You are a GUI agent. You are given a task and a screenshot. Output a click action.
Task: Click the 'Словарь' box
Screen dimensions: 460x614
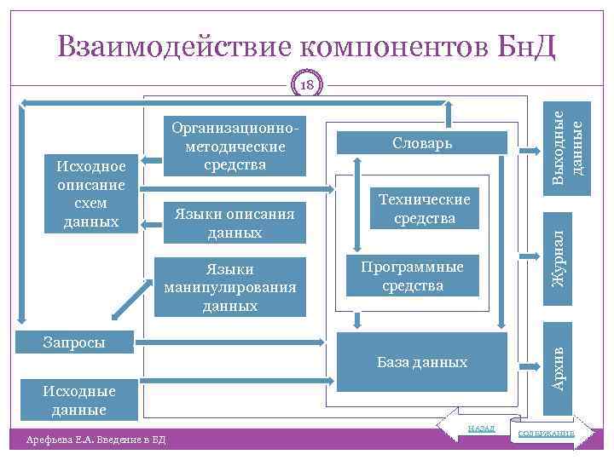[422, 144]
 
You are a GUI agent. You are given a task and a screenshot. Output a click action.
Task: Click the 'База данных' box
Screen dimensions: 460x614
[422, 363]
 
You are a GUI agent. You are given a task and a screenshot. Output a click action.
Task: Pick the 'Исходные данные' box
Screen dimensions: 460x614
[79, 400]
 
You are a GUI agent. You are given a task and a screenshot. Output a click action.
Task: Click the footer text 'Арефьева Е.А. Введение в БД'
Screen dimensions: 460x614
[96, 439]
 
